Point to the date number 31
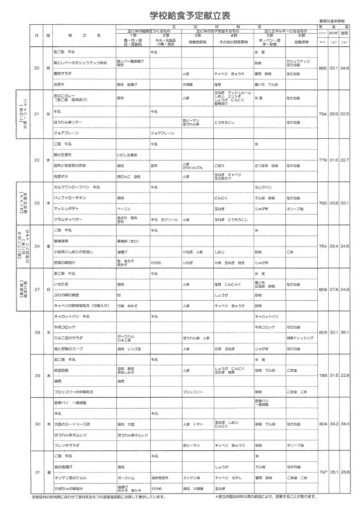[36, 471]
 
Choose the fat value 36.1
[345, 332]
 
